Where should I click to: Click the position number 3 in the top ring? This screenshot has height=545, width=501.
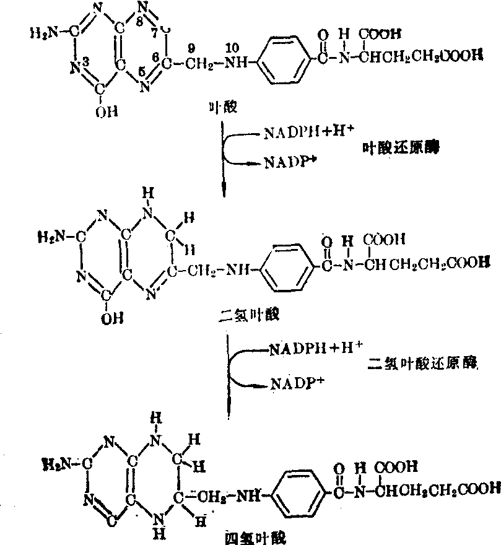tap(86, 61)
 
